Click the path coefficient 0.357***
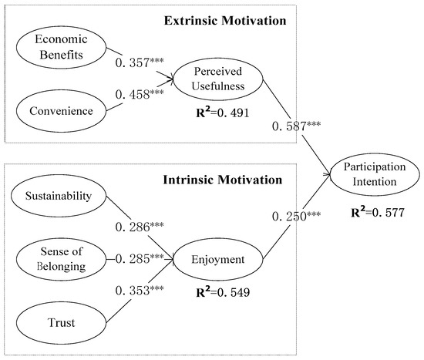point(140,62)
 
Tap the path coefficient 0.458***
point(140,94)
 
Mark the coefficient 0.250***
point(296,217)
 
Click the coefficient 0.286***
point(140,227)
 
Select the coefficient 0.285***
point(140,259)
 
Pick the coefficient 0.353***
point(140,291)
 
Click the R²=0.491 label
point(223,113)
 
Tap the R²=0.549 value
point(223,292)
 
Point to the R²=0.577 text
point(378,212)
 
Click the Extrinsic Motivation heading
point(225,21)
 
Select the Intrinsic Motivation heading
point(223,180)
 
